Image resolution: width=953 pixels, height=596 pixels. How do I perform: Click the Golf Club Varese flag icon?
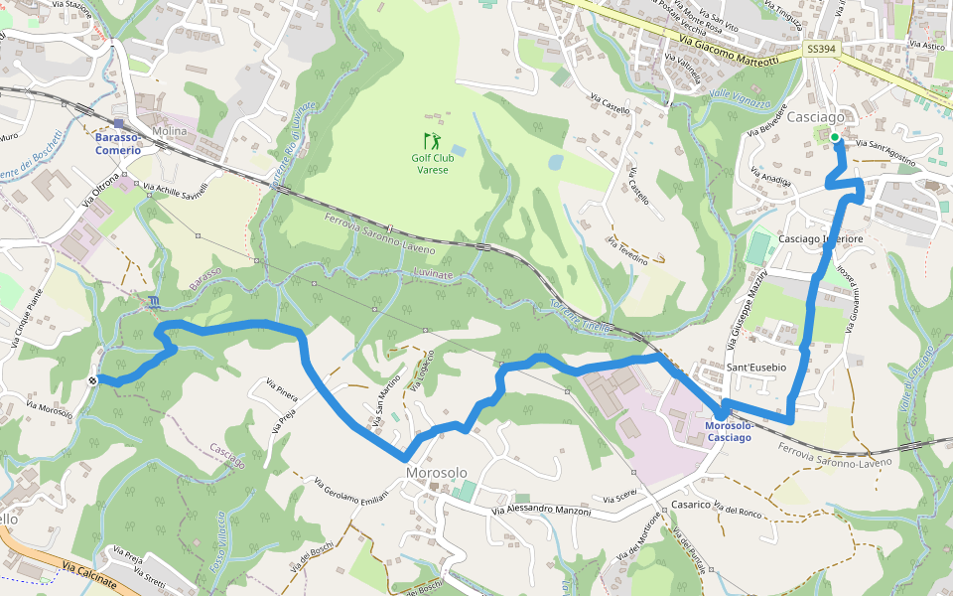pos(430,140)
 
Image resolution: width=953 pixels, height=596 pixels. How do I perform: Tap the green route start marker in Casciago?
pos(835,137)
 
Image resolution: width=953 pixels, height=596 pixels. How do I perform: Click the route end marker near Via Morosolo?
pos(92,379)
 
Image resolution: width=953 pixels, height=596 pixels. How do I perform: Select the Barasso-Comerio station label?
pos(118,143)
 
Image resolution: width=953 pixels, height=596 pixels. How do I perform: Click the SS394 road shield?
pos(820,49)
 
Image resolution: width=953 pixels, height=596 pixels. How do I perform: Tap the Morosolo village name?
pos(436,472)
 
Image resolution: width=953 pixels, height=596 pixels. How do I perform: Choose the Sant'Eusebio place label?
pos(756,368)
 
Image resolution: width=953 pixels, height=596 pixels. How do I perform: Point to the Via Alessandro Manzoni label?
pos(541,511)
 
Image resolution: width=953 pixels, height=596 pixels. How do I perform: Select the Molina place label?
pos(170,131)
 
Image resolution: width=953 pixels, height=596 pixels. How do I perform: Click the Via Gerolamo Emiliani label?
pos(349,495)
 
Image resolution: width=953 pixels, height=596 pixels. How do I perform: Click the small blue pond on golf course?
pos(555,161)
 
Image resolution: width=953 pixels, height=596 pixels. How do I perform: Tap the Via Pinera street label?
pos(282,388)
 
